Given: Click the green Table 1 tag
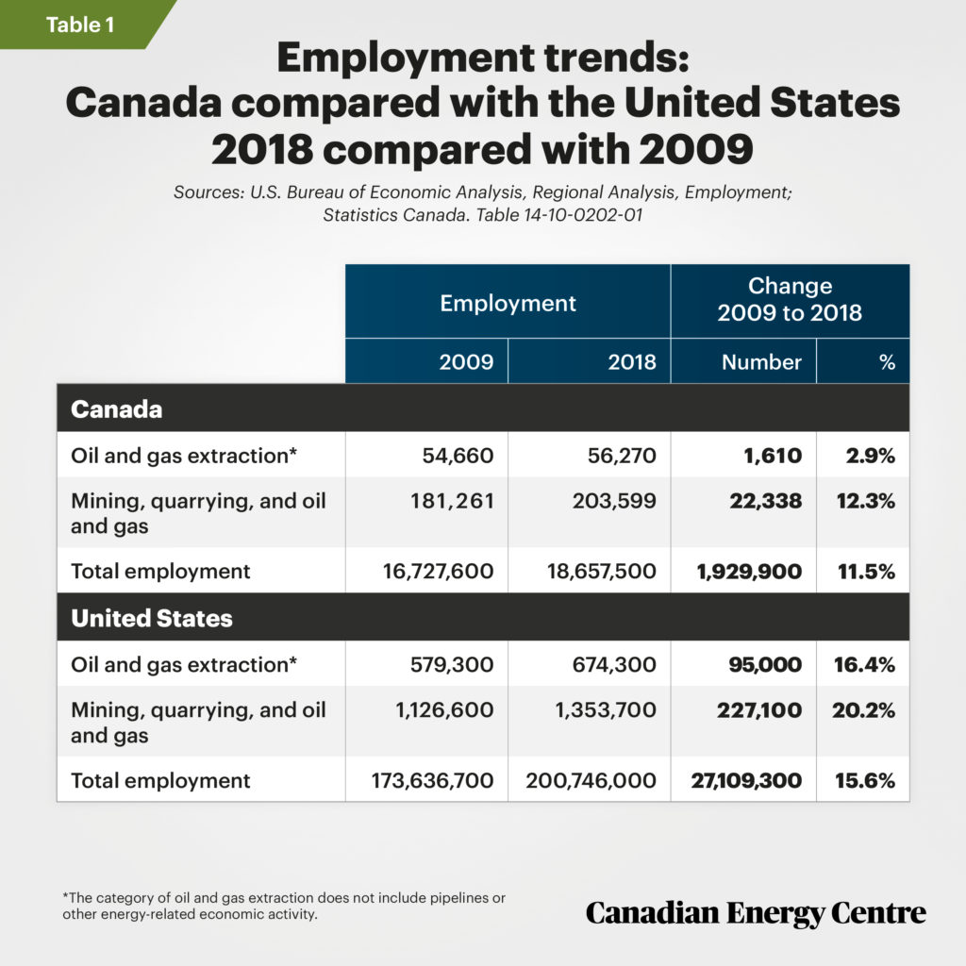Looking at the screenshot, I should [80, 25].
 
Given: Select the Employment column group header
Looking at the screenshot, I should [508, 303].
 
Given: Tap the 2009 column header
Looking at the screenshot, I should [466, 361].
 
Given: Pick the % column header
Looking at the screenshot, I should [886, 361].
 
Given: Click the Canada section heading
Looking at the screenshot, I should [117, 409].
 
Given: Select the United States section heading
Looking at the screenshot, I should [152, 618].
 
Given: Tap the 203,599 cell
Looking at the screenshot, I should [614, 502].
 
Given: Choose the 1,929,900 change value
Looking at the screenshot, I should [752, 571].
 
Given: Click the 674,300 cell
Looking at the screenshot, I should [614, 664].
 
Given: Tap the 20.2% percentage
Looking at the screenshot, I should [863, 710].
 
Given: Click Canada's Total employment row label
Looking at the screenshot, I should [160, 571].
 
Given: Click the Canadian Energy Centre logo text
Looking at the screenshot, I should [756, 912].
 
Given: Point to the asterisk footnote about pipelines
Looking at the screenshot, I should [283, 907].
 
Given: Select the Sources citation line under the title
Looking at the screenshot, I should [482, 203].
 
